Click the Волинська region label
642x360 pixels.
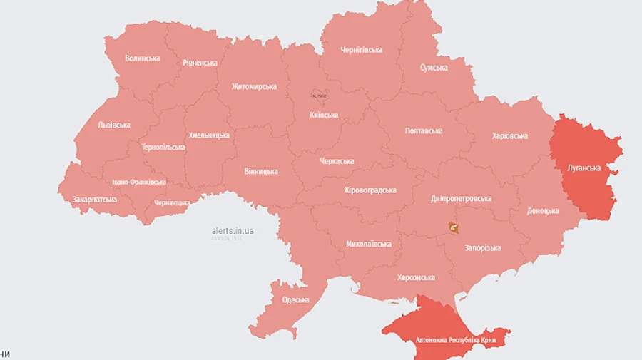[x=142, y=58]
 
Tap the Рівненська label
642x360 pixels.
[x=200, y=63]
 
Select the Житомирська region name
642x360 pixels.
[x=254, y=86]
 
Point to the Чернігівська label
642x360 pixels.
[x=361, y=50]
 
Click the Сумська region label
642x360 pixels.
[x=434, y=68]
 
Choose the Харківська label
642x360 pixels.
[x=509, y=136]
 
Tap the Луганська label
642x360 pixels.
[x=584, y=169]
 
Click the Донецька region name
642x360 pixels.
[x=543, y=212]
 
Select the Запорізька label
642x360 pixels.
[x=482, y=248]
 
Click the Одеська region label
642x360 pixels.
[x=295, y=300]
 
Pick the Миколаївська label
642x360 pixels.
[x=369, y=244]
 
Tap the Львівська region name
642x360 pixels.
[x=114, y=125]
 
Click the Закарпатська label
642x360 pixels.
[x=94, y=200]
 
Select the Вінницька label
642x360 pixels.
[x=261, y=172]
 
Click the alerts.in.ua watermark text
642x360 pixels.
[x=233, y=231]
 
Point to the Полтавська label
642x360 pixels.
[x=423, y=131]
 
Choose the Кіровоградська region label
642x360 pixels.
[x=370, y=190]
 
